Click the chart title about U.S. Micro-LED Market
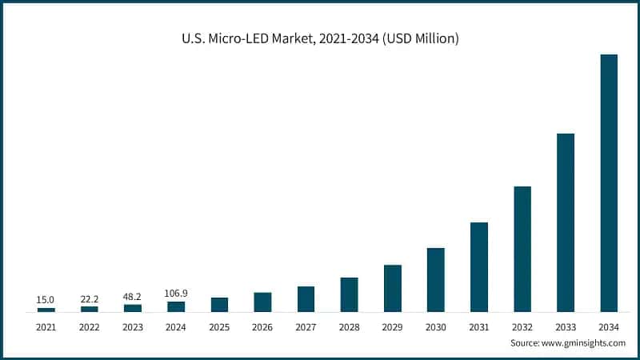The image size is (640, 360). [320, 38]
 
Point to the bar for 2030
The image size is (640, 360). [436, 279]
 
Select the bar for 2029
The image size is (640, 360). [392, 288]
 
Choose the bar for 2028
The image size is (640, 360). [349, 294]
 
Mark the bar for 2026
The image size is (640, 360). [262, 302]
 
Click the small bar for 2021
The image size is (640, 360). [46, 309]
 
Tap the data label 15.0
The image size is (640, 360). [46, 300]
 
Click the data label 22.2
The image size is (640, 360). [89, 298]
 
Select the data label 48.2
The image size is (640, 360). [132, 296]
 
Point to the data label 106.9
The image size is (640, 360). [175, 294]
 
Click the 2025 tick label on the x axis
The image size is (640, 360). [219, 327]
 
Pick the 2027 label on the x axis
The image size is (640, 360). [306, 327]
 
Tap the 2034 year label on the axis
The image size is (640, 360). [609, 327]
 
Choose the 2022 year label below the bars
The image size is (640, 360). [89, 327]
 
